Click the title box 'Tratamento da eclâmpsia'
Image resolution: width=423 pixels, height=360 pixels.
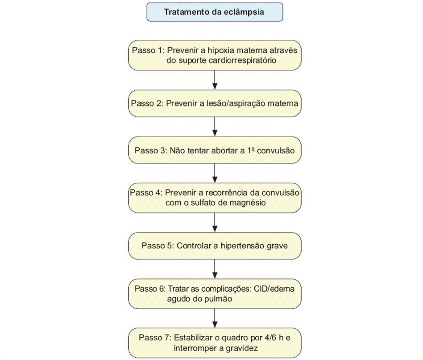click(215, 12)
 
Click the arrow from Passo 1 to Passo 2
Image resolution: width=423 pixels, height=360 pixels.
click(215, 80)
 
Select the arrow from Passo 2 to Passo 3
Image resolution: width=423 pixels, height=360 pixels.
click(215, 127)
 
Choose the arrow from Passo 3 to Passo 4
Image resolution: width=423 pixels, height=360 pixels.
click(215, 173)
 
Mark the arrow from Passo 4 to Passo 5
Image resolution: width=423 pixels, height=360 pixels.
click(215, 222)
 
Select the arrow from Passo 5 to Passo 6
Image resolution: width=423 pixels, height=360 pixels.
click(215, 269)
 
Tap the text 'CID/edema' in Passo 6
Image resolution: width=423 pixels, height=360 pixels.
click(274, 289)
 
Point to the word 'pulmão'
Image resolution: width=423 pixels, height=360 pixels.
click(219, 299)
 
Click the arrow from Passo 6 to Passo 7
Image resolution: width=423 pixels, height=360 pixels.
click(215, 318)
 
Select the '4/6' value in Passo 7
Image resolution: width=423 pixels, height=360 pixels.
click(270, 338)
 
